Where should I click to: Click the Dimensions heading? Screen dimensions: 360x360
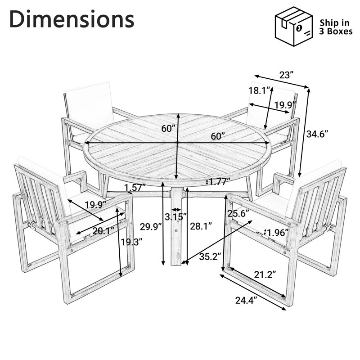[x=72, y=19]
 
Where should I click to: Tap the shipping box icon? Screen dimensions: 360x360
[x=294, y=26]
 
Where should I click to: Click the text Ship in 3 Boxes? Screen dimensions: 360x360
[x=336, y=27]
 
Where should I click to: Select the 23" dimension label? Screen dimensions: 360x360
[x=286, y=75]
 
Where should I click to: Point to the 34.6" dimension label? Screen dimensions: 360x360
[x=317, y=134]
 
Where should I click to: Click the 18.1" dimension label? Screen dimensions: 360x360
[x=260, y=91]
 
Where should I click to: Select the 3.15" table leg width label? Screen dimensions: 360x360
[x=175, y=216]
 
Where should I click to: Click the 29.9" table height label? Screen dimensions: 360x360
[x=151, y=227]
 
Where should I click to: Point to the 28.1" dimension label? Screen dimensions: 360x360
[x=201, y=226]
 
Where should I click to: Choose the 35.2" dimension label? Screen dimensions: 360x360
[x=210, y=256]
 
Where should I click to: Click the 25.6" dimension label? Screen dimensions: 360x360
[x=238, y=214]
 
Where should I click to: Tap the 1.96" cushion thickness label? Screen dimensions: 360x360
[x=278, y=233]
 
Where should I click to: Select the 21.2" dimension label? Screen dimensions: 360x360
[x=265, y=274]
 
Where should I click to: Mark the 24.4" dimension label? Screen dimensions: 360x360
[x=246, y=300]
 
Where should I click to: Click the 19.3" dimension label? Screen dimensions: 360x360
[x=132, y=242]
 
